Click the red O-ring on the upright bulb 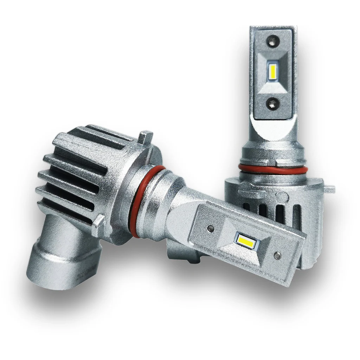pos(271,167)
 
